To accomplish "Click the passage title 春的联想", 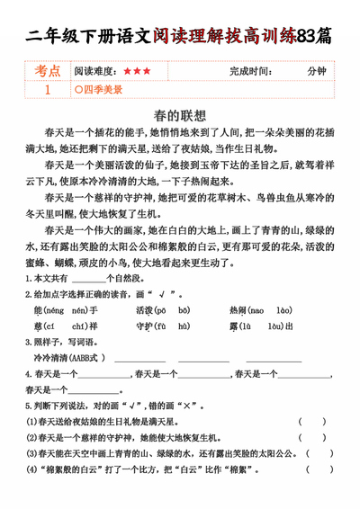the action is [x=180, y=116].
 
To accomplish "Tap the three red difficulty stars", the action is [x=138, y=70].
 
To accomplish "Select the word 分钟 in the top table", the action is [x=316, y=70].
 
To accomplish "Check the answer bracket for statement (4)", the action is [x=320, y=470].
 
